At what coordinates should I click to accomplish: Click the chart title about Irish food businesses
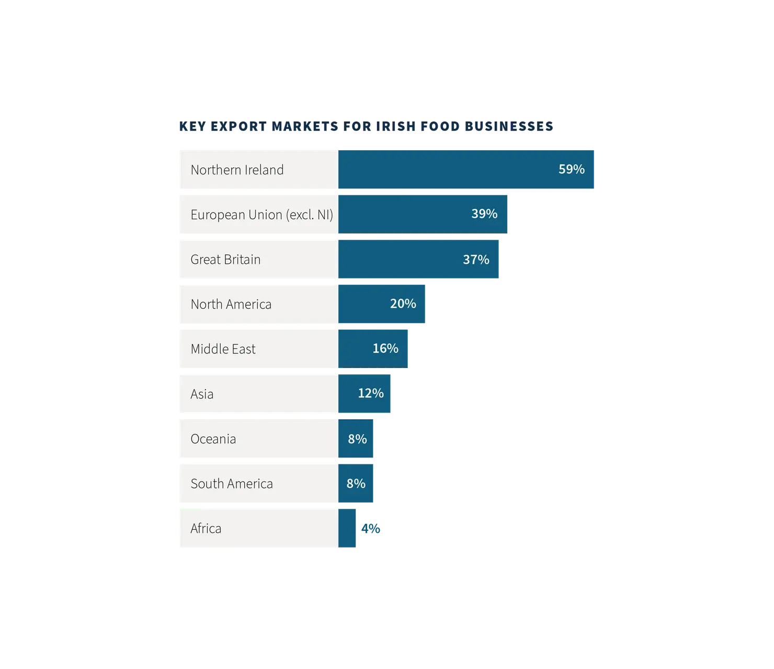(x=366, y=126)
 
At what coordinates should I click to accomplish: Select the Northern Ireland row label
(x=237, y=170)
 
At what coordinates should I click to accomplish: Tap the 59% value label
(x=572, y=169)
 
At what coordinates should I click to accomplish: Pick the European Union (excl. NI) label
(x=261, y=215)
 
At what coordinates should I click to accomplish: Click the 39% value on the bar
(x=484, y=214)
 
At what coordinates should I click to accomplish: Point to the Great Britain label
(x=225, y=259)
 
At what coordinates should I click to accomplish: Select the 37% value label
(x=476, y=259)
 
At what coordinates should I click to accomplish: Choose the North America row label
(x=231, y=304)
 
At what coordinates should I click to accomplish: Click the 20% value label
(x=403, y=304)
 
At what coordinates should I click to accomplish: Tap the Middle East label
(x=223, y=349)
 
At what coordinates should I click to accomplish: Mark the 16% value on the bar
(x=385, y=348)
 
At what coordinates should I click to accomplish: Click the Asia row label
(x=202, y=394)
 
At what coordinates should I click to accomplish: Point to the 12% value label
(x=371, y=393)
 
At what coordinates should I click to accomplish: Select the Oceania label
(x=213, y=439)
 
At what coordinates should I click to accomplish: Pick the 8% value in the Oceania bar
(x=357, y=439)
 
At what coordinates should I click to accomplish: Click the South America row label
(x=232, y=484)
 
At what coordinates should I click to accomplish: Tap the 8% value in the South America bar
(x=356, y=484)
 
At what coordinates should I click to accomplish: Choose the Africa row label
(x=206, y=529)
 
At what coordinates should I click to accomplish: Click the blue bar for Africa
(x=347, y=528)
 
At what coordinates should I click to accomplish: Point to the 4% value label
(x=371, y=529)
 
